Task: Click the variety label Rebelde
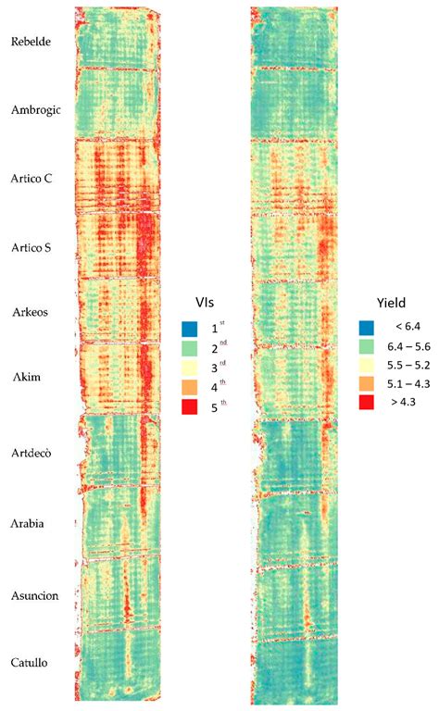[30, 42]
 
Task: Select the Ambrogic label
[35, 109]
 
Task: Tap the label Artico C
[31, 178]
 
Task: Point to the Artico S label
[31, 246]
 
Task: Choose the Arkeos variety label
[29, 312]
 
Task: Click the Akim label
[26, 378]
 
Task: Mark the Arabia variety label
[29, 523]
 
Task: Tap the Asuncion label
[33, 595]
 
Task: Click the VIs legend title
[204, 302]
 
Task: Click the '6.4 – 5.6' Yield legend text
[415, 348]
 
